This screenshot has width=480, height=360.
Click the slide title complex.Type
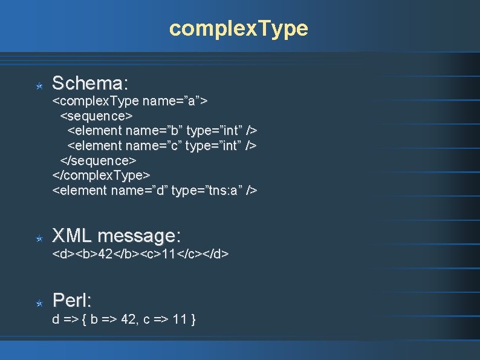pos(239,28)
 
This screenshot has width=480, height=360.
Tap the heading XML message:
pos(116,235)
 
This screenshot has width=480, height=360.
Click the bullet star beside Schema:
pos(39,87)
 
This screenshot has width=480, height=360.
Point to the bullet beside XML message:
pos(39,239)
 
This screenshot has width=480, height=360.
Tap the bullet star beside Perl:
pos(39,303)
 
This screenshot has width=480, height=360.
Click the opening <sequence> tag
pos(96,115)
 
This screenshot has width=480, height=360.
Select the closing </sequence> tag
pos(98,160)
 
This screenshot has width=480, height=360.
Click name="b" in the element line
pos(154,130)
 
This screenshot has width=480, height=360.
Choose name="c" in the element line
pos(154,145)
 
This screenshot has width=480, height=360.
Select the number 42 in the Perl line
pos(127,319)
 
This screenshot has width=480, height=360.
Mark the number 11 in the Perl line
pos(180,319)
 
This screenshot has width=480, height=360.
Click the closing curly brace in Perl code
pos(193,319)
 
